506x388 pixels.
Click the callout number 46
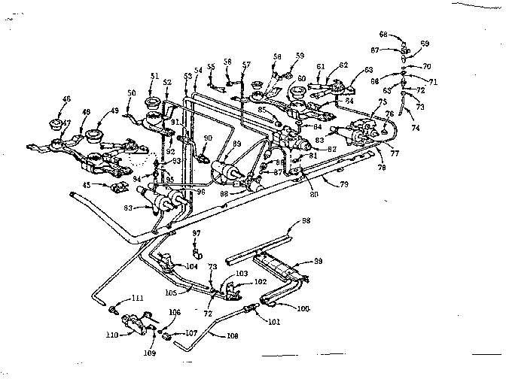point(45,99)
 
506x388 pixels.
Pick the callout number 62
point(343,65)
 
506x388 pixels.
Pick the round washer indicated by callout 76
point(386,129)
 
